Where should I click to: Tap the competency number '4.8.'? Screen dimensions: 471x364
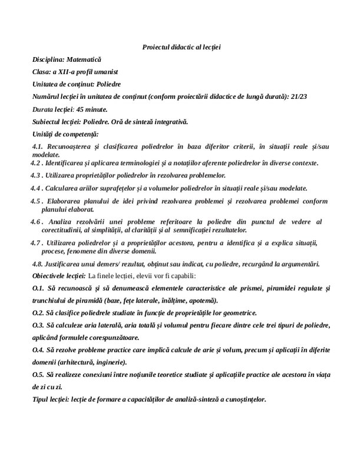point(39,264)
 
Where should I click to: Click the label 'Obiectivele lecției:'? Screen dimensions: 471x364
point(59,276)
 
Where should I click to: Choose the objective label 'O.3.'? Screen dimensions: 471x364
point(38,326)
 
